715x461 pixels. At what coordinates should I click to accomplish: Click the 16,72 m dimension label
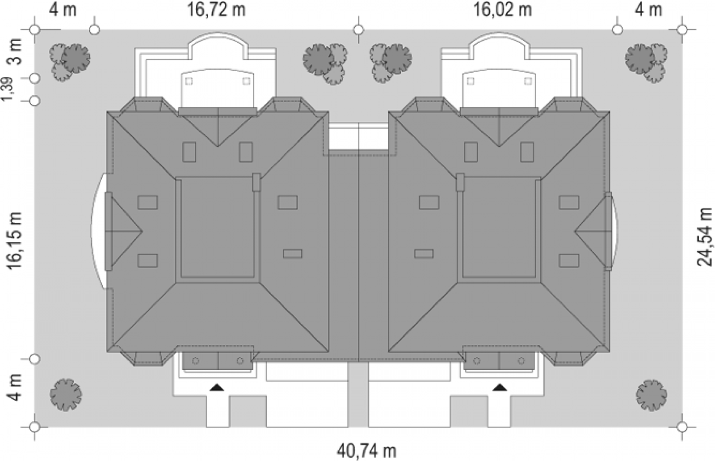[216, 10]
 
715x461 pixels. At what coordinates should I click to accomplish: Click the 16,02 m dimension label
[502, 10]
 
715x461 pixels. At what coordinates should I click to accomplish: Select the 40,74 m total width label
[366, 451]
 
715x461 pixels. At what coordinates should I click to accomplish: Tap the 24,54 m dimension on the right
[704, 237]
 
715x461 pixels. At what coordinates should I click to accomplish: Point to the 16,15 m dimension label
[15, 241]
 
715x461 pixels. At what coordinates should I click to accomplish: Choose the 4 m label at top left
[63, 10]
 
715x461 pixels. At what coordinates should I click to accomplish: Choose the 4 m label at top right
[648, 10]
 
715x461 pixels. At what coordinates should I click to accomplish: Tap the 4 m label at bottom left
[15, 388]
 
